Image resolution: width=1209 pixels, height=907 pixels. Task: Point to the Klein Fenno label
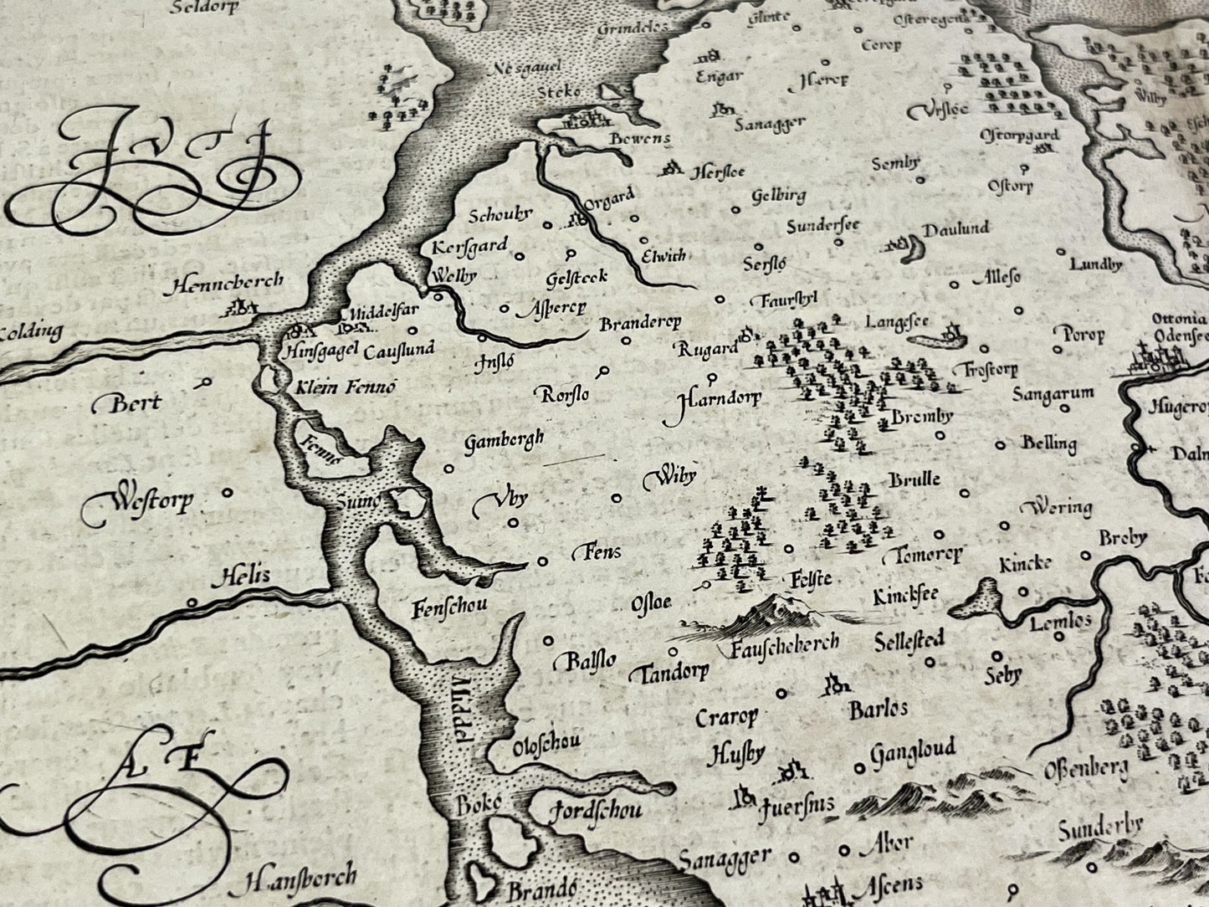tap(344, 387)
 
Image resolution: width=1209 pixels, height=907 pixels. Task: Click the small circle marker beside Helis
tap(192, 602)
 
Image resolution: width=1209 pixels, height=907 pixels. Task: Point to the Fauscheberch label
tap(784, 645)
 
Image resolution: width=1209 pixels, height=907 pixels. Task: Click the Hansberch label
tap(301, 878)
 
